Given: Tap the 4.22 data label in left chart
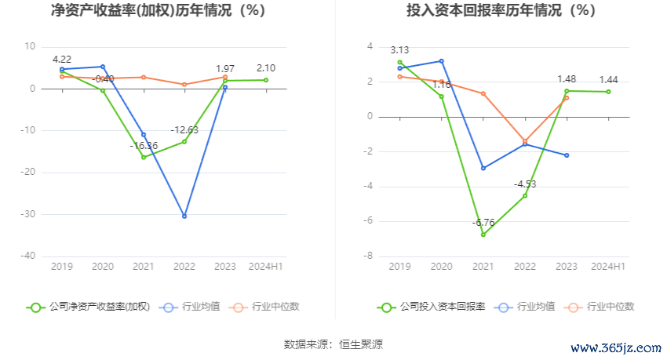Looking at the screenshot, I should tap(62, 59).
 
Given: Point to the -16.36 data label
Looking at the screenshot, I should tap(144, 146).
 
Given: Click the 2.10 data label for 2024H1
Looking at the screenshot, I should tap(266, 68).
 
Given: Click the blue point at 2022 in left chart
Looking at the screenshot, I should tap(184, 216).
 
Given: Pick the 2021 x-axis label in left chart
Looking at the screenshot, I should tap(144, 267).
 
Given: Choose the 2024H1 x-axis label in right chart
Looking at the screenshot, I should tap(608, 267).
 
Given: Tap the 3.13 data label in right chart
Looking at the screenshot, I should tap(399, 50).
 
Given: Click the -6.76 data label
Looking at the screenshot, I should tap(483, 223).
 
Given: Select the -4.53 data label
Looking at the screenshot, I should tap(525, 184).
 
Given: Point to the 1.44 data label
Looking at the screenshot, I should tap(608, 80).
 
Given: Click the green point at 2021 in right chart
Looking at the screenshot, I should tap(483, 235).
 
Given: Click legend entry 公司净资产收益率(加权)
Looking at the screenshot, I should tap(89, 307).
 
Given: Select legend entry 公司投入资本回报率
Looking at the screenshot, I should tap(431, 307).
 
